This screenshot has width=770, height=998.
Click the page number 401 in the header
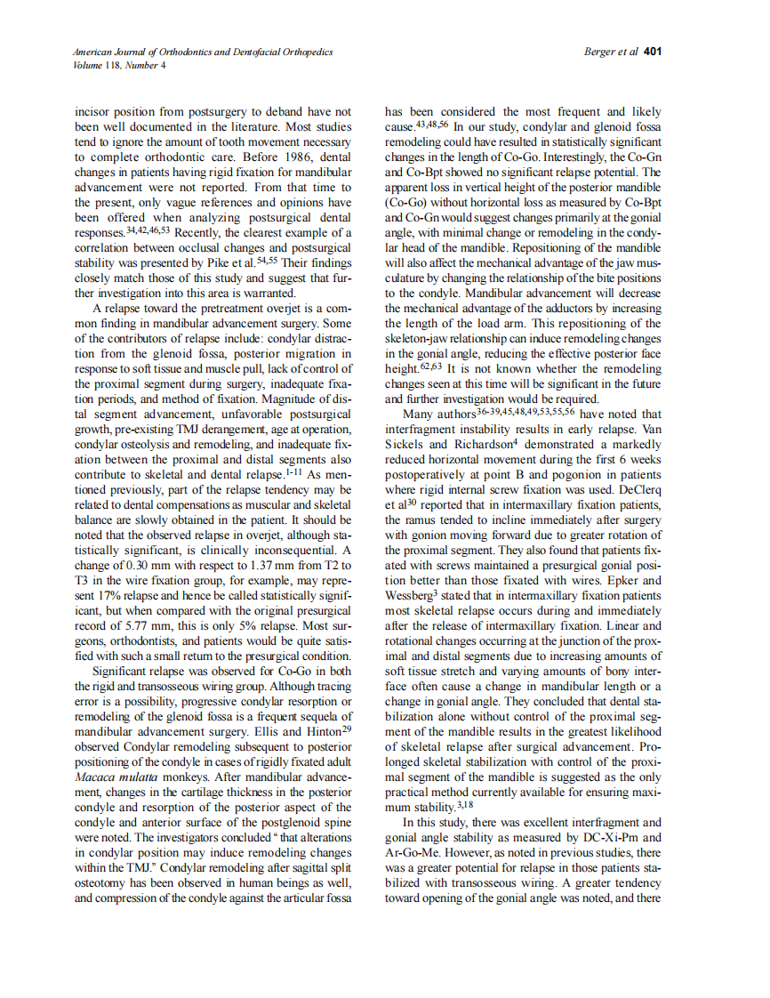point(654,52)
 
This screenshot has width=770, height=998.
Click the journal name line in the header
point(203,52)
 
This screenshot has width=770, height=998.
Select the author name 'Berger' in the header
point(600,52)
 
